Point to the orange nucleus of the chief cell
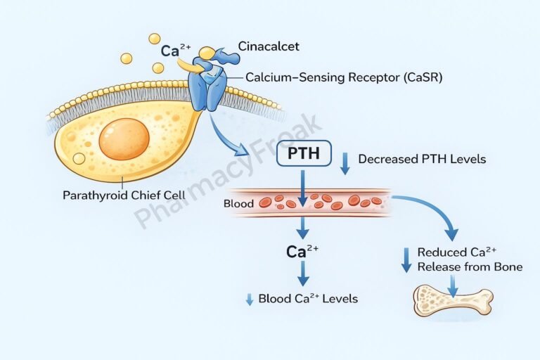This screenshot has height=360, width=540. (x=124, y=139)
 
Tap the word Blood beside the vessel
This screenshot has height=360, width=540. (x=237, y=203)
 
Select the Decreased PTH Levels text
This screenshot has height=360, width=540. (x=422, y=159)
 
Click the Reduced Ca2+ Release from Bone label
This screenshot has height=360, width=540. (x=469, y=259)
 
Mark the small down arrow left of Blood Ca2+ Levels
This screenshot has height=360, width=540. (x=248, y=299)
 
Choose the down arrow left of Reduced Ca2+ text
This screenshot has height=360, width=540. (x=406, y=259)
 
